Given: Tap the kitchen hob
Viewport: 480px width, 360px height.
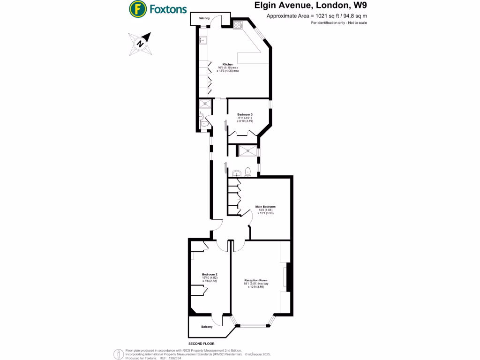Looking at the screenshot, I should pos(237,25).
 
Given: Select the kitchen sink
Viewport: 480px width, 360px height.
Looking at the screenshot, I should pos(203,40).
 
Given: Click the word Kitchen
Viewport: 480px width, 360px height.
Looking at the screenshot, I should pos(228,64).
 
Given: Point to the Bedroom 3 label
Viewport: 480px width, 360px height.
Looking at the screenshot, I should pos(245,115).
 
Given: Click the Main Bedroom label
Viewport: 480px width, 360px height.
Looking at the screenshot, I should pos(265,207).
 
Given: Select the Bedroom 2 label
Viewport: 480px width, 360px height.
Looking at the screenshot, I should pos(210,274).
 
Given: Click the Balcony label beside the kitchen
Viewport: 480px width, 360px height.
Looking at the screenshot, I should pos(204,18).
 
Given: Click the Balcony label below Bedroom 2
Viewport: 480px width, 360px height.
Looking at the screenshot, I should pos(207,327).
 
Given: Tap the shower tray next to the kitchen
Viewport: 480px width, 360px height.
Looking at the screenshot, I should pos(205,105).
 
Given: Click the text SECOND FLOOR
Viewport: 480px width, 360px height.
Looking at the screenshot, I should pos(195,344).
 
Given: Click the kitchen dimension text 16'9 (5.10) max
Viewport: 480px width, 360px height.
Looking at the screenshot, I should pos(228,67).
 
